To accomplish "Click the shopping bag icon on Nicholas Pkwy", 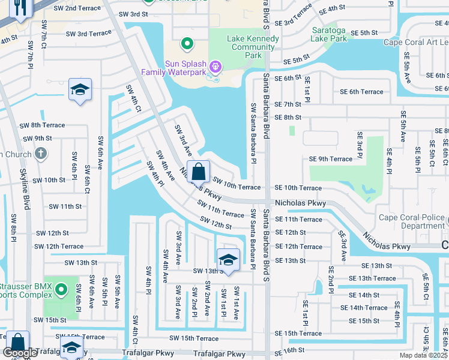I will click(x=198, y=172).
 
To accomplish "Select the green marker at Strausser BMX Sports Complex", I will click(x=61, y=291).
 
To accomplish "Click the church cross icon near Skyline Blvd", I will click(x=40, y=154).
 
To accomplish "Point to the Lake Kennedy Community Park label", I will click(x=253, y=47).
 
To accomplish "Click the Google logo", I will click(x=20, y=353).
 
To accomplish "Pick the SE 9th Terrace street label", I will click(x=331, y=159).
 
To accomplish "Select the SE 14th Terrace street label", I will click(x=364, y=308).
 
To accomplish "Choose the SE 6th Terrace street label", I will click(x=361, y=92).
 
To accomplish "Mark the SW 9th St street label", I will click(x=38, y=138).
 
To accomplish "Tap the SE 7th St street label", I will click(x=288, y=104).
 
